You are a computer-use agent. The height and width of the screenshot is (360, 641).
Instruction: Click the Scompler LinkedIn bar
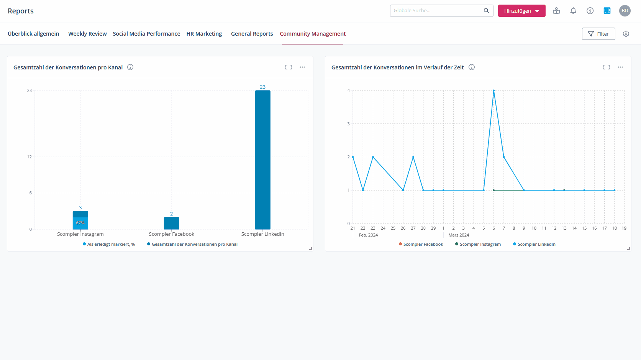[x=263, y=159]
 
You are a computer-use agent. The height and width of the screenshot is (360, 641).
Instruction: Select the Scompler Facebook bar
[x=172, y=223]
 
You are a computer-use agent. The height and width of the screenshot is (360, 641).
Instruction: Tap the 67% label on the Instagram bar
[x=80, y=223]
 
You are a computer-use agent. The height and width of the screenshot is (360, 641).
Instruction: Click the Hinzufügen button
[x=521, y=11]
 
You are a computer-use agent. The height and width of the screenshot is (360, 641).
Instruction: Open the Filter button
[x=598, y=34]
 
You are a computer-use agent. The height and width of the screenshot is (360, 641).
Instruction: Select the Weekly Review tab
[x=87, y=34]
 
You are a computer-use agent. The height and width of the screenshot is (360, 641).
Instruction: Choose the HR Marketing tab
[x=204, y=34]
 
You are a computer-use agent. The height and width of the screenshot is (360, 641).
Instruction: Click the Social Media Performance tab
[x=146, y=34]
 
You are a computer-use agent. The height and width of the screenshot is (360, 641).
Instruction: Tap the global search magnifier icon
[x=486, y=11]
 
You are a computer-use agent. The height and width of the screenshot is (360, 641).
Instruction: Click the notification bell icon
[x=573, y=11]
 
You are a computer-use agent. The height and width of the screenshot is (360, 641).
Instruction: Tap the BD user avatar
[x=625, y=11]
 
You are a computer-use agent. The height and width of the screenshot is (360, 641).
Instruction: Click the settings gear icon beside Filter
[x=626, y=34]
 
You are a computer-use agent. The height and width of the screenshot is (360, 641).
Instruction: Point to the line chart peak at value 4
[x=494, y=91]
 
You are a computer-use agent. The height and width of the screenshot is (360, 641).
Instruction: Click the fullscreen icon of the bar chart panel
[x=289, y=67]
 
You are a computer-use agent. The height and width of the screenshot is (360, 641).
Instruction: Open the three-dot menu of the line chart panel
[x=620, y=67]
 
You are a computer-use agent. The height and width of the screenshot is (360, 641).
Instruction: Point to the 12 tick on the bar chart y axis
[x=30, y=157]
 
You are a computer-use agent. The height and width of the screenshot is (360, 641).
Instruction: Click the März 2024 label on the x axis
[x=459, y=235]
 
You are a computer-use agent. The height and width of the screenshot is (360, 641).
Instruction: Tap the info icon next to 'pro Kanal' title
[x=130, y=67]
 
